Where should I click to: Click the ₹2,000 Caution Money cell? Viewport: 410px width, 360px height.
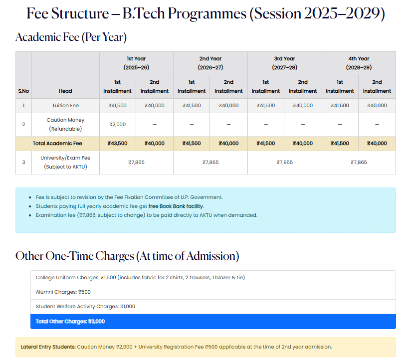pyautogui.click(x=117, y=125)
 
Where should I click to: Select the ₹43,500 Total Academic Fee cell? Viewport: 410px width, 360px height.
pyautogui.click(x=117, y=143)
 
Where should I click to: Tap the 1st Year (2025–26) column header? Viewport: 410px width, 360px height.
pyautogui.click(x=136, y=63)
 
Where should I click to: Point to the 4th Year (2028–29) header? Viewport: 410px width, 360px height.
pyautogui.click(x=359, y=63)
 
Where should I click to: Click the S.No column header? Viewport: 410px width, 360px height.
pyautogui.click(x=23, y=91)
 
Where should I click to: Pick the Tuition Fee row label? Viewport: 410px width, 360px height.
pyautogui.click(x=65, y=105)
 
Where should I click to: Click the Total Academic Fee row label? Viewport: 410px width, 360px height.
pyautogui.click(x=57, y=143)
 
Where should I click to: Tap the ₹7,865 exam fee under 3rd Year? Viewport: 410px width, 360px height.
pyautogui.click(x=285, y=163)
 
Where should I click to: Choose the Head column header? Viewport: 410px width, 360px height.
pyautogui.click(x=65, y=91)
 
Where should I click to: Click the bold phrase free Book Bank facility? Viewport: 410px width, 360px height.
pyautogui.click(x=176, y=206)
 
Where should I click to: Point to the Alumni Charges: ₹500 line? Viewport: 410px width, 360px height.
pyautogui.click(x=63, y=292)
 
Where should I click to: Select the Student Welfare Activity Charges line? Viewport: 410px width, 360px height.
pyautogui.click(x=85, y=307)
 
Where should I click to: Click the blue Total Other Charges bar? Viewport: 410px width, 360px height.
pyautogui.click(x=213, y=322)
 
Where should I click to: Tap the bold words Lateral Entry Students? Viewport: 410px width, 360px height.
pyautogui.click(x=48, y=347)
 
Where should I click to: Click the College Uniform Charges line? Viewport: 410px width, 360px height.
pyautogui.click(x=140, y=277)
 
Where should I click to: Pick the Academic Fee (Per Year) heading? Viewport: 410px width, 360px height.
pyautogui.click(x=71, y=37)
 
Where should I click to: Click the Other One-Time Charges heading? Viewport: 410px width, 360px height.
pyautogui.click(x=127, y=256)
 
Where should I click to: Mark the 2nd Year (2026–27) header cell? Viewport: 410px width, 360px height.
pyautogui.click(x=210, y=63)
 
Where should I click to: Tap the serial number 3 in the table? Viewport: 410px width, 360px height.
pyautogui.click(x=23, y=163)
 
